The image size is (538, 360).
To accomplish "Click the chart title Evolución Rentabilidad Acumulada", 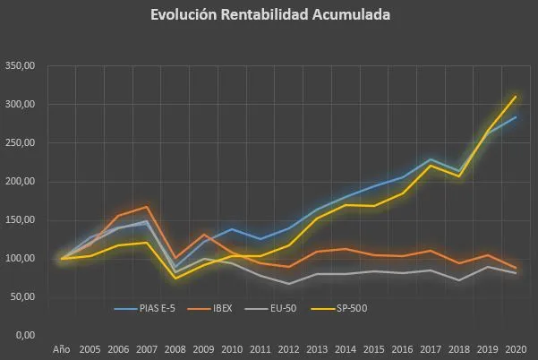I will point(269,15).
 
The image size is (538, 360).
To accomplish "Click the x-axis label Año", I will point(62,348).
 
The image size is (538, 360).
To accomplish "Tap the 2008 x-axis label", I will point(175,348).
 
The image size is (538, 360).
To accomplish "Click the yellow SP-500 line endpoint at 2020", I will point(517,97).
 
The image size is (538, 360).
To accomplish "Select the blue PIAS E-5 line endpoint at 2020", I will point(517,117).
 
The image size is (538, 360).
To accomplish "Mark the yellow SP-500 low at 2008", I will point(175,278).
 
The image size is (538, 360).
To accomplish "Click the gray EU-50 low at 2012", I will point(289,284).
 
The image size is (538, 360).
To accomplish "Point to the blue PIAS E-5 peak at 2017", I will point(431,159).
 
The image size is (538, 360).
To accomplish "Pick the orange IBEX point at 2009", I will point(204,235).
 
